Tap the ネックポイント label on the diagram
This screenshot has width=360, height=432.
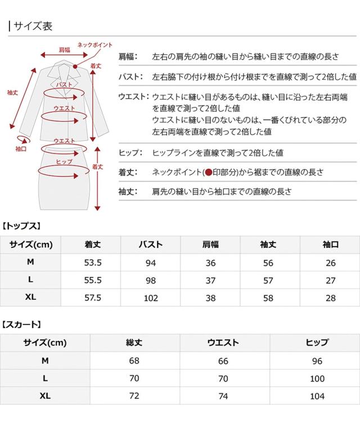(94, 44)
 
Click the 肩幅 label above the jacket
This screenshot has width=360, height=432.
(64, 50)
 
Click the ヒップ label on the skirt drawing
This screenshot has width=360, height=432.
(64, 161)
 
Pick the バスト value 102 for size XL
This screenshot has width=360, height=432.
(151, 298)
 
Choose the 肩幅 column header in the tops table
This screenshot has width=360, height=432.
(210, 244)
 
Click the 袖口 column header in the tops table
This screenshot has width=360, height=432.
(330, 244)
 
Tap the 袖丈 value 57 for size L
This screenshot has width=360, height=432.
(268, 280)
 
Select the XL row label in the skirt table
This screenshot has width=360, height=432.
(45, 396)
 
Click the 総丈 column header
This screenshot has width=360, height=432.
(134, 343)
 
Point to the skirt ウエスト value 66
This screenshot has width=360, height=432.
(224, 361)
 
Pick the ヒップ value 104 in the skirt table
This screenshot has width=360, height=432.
(317, 396)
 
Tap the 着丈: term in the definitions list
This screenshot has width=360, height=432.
(128, 173)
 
